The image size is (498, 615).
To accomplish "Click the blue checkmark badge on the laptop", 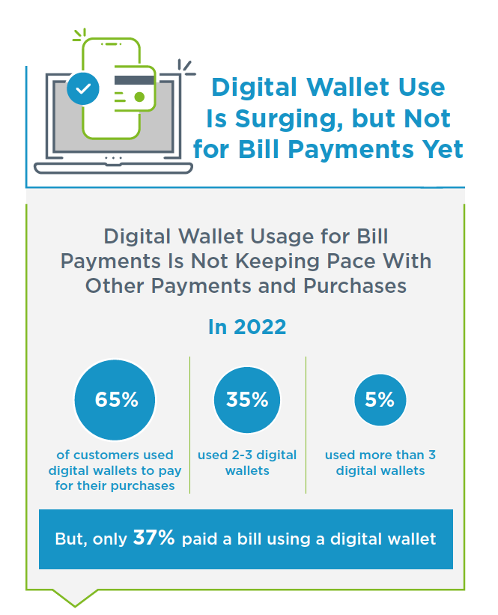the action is [x=82, y=88].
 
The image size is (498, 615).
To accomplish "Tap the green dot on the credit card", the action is [x=139, y=97].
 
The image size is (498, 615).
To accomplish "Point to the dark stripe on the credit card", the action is [x=134, y=80].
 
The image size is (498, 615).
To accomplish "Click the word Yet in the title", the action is [x=443, y=149].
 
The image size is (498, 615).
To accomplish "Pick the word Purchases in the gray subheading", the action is [x=355, y=286].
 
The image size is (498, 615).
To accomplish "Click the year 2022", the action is [x=260, y=327].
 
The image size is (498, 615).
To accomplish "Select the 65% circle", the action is [x=115, y=400].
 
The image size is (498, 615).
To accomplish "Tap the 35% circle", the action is [x=247, y=400].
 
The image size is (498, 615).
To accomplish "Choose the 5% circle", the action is [x=380, y=400].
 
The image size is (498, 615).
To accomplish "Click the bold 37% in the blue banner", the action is [x=154, y=537].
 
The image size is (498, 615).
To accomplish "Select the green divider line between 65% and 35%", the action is [x=189, y=425].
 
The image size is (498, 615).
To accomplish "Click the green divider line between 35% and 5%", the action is [x=306, y=425].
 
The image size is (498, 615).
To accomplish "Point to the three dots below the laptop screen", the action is [x=113, y=158].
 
